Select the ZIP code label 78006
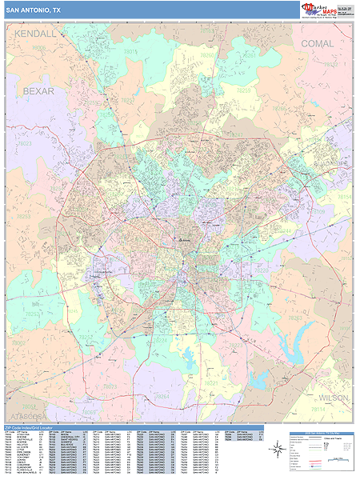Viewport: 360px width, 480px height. (x=38, y=48)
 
